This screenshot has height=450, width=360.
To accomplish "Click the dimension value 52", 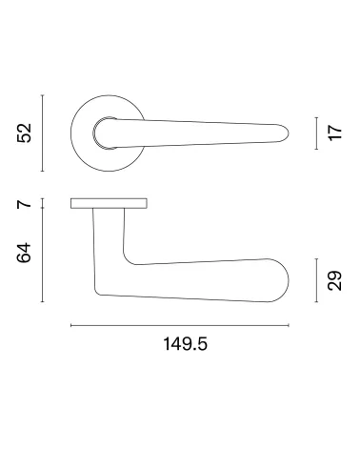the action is click(x=25, y=133).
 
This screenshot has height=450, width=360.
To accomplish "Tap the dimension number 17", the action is click(x=335, y=133).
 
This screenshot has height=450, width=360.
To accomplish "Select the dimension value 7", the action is click(x=25, y=203).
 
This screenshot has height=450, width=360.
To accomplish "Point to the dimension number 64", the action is click(x=25, y=253).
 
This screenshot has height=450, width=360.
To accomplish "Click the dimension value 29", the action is click(x=335, y=280).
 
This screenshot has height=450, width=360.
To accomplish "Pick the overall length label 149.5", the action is click(x=185, y=344).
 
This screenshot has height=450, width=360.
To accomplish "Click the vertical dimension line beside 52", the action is click(x=43, y=133).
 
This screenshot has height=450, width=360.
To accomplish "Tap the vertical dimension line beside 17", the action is click(x=316, y=133).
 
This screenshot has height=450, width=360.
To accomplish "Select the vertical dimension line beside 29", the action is click(x=316, y=280).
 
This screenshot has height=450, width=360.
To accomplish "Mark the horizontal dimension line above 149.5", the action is click(x=180, y=325).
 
